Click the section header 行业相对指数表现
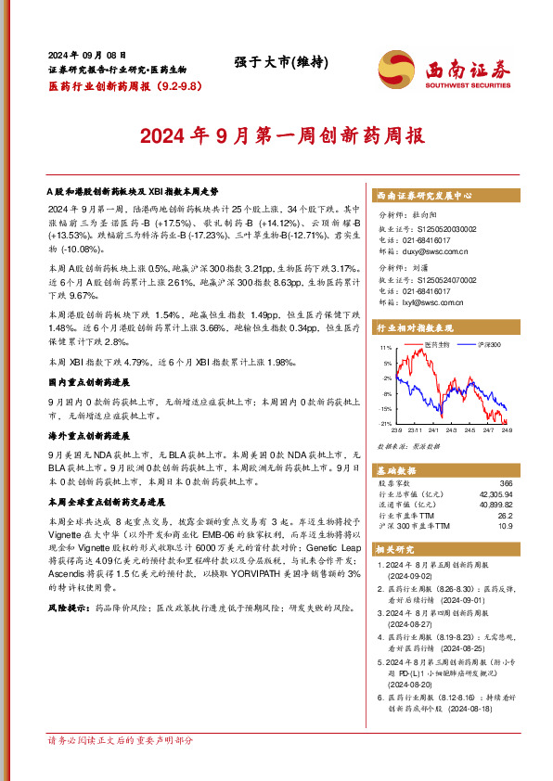[x=415, y=328]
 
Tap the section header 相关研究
[x=392, y=550]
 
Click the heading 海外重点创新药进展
[x=88, y=434]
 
